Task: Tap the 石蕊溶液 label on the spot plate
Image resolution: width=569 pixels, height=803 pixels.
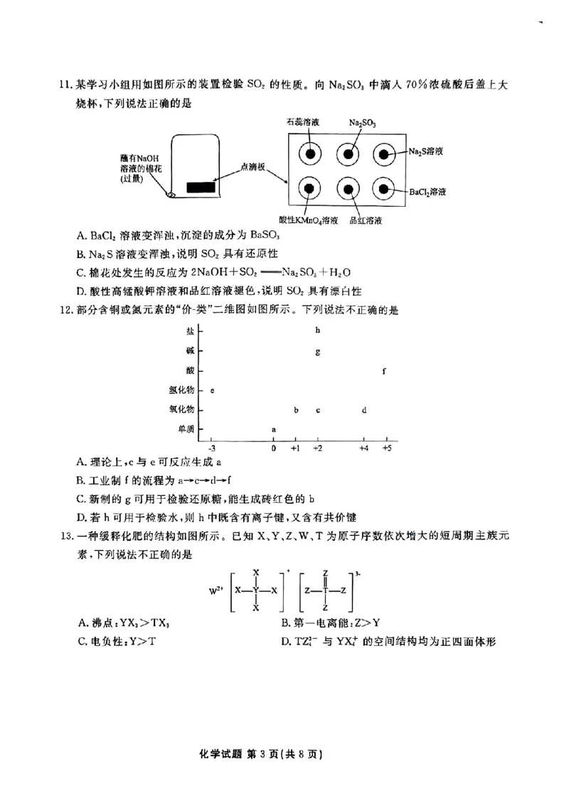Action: click(x=303, y=122)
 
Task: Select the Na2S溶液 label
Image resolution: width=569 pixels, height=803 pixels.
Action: click(x=427, y=151)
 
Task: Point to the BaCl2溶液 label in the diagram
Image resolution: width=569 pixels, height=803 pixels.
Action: click(x=430, y=192)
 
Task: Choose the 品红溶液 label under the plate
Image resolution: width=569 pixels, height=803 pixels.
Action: click(x=367, y=221)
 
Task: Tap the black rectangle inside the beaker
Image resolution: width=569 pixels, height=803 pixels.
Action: click(x=200, y=188)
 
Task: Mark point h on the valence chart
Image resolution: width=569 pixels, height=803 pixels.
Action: click(x=317, y=330)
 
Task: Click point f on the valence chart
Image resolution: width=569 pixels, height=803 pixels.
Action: click(x=384, y=371)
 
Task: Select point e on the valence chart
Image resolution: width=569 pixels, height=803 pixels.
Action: click(x=213, y=391)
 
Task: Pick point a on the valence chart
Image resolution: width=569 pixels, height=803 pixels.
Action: click(x=274, y=429)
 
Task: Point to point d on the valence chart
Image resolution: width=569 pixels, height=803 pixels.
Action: click(x=364, y=410)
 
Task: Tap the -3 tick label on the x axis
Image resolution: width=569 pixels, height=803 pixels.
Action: click(x=211, y=449)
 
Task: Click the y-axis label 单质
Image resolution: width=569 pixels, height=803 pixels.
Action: click(x=183, y=429)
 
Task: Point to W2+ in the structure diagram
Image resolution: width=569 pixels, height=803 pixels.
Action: click(x=215, y=589)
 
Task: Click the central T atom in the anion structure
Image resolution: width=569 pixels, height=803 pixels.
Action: click(x=325, y=589)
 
